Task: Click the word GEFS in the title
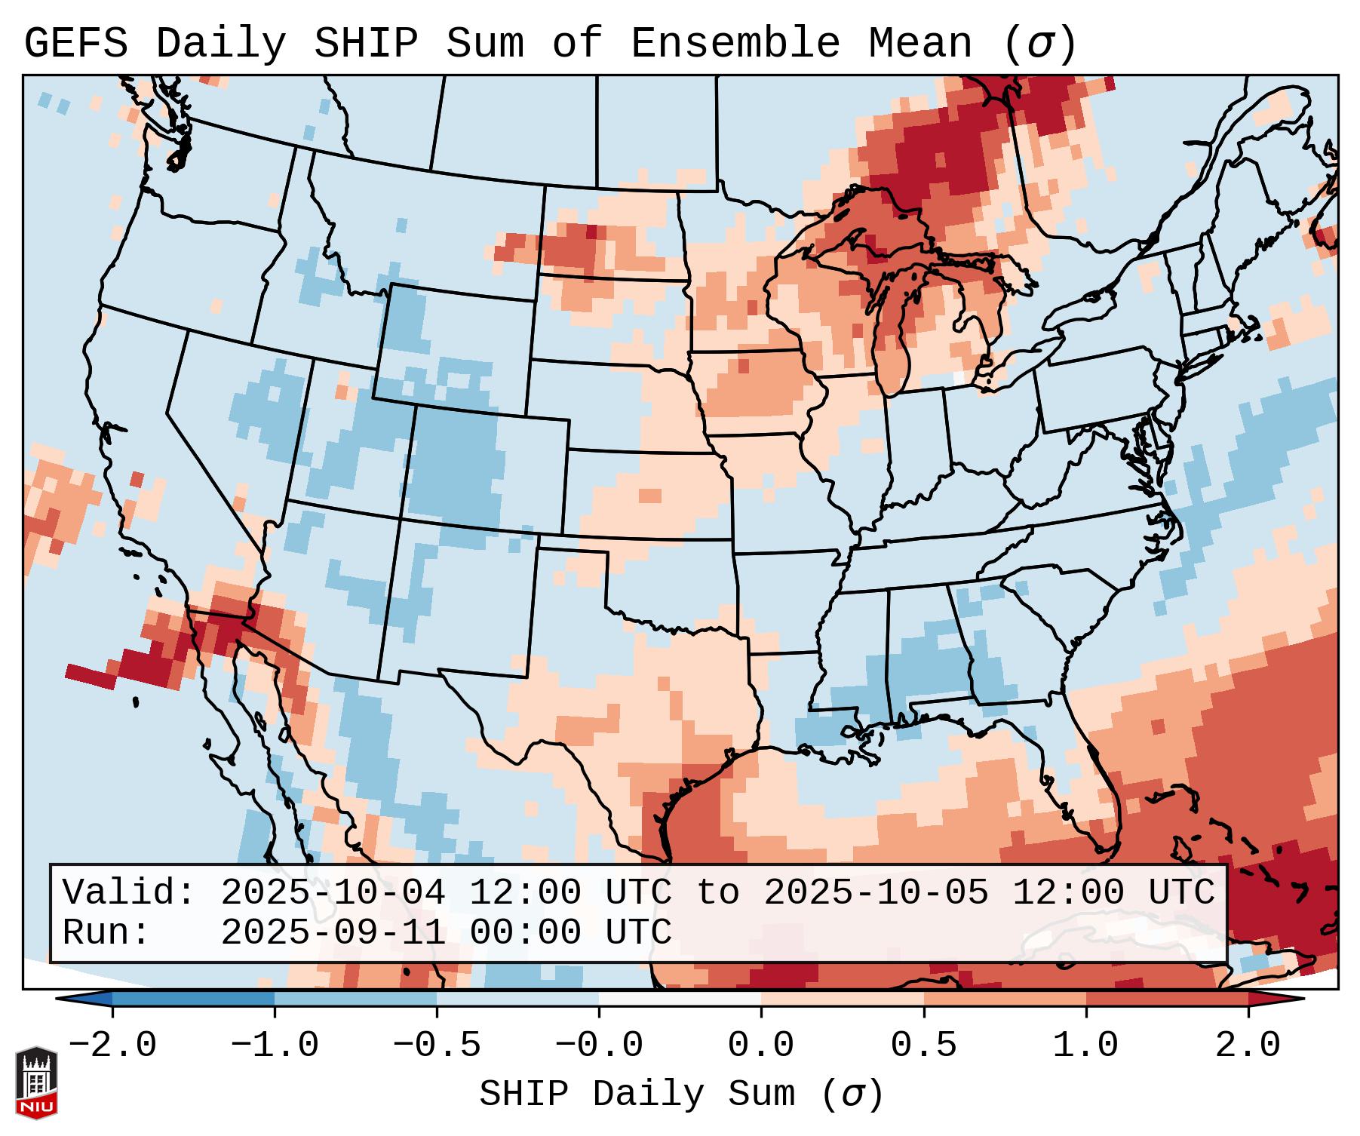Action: point(75,44)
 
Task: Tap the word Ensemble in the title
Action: point(735,44)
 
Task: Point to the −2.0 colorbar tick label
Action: point(112,1045)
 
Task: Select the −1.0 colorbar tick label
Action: point(275,1045)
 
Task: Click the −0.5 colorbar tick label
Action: point(437,1045)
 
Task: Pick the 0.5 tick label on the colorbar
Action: point(924,1045)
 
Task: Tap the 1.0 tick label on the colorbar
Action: point(1086,1045)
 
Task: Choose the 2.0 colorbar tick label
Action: point(1248,1045)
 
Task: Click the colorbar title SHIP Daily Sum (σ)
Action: point(680,1095)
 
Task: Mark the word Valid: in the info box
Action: point(129,893)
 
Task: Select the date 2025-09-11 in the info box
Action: point(333,933)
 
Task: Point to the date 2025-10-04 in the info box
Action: point(333,893)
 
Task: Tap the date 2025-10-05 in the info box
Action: point(876,893)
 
